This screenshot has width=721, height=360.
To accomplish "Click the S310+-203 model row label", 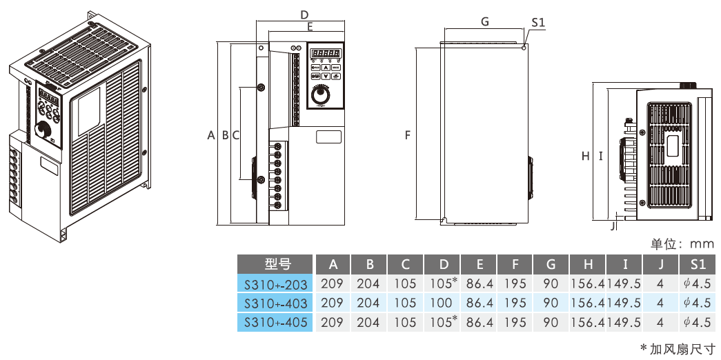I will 275,283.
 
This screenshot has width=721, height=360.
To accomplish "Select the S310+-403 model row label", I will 275,303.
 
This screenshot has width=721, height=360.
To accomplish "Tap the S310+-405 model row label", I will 275,321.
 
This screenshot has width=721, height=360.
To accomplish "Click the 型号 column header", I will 275,264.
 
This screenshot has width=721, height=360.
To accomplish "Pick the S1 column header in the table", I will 697,264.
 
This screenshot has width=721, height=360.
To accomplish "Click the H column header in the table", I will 587,264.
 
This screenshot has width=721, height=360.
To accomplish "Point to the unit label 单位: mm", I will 682,243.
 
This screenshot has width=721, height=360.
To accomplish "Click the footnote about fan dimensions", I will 678,348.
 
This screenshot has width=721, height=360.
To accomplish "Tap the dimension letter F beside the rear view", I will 408,136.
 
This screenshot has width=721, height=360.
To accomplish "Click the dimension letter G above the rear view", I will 485,21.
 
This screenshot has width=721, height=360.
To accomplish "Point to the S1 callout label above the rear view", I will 538,23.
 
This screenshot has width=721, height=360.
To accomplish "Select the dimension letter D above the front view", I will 304,14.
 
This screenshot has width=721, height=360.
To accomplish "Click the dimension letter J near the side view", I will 614,224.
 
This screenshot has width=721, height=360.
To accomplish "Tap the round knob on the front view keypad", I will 319,95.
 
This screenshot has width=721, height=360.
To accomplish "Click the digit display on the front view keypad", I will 325,53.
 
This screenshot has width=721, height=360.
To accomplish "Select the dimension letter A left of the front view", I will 211,136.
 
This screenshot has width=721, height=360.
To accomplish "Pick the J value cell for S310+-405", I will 660,321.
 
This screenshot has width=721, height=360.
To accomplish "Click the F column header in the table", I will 514,264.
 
